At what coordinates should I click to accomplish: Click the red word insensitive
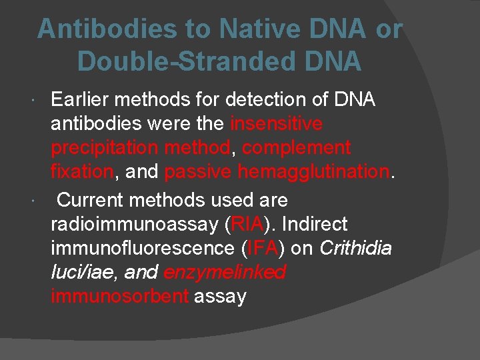277,124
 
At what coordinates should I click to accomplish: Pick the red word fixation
82,171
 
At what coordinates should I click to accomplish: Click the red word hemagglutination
313,171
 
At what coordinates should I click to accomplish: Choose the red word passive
197,171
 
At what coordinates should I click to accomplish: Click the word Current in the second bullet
91,200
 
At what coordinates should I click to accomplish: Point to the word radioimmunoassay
133,224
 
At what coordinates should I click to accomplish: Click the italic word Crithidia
356,248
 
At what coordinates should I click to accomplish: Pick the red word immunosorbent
119,296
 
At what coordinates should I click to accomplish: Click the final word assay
220,296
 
